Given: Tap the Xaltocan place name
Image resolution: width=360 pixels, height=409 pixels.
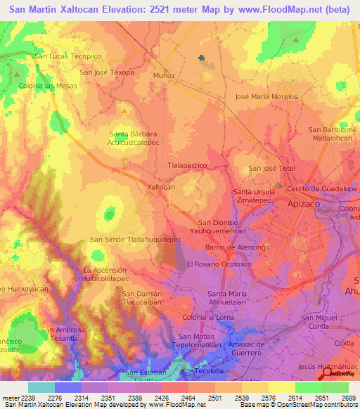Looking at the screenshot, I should point(161,188).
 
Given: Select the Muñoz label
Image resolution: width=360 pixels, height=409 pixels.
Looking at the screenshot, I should point(164,74).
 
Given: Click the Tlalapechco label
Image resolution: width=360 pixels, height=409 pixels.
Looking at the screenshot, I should point(188,165).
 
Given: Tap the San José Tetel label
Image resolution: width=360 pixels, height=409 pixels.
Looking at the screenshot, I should point(272,169).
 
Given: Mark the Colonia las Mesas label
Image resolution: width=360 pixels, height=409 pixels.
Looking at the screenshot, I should point(48,85).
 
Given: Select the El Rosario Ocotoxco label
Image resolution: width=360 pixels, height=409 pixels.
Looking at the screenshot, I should point(218,264).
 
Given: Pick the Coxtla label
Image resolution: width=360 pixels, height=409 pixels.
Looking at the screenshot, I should point(345,343).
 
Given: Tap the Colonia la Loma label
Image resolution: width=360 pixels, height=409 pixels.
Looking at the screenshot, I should point(208,318).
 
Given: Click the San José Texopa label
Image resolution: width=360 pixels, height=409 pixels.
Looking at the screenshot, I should point(107,72).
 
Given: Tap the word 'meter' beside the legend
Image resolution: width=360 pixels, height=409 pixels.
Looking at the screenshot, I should point(10,398).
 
